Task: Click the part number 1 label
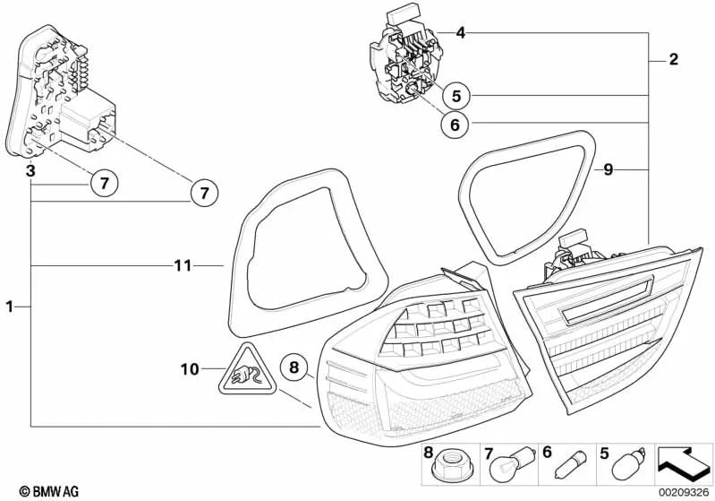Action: coord(9,307)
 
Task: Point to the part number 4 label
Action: coord(460,34)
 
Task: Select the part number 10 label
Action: coord(189,368)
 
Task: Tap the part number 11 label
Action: coord(183,265)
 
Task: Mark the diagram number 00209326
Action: coord(685,492)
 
